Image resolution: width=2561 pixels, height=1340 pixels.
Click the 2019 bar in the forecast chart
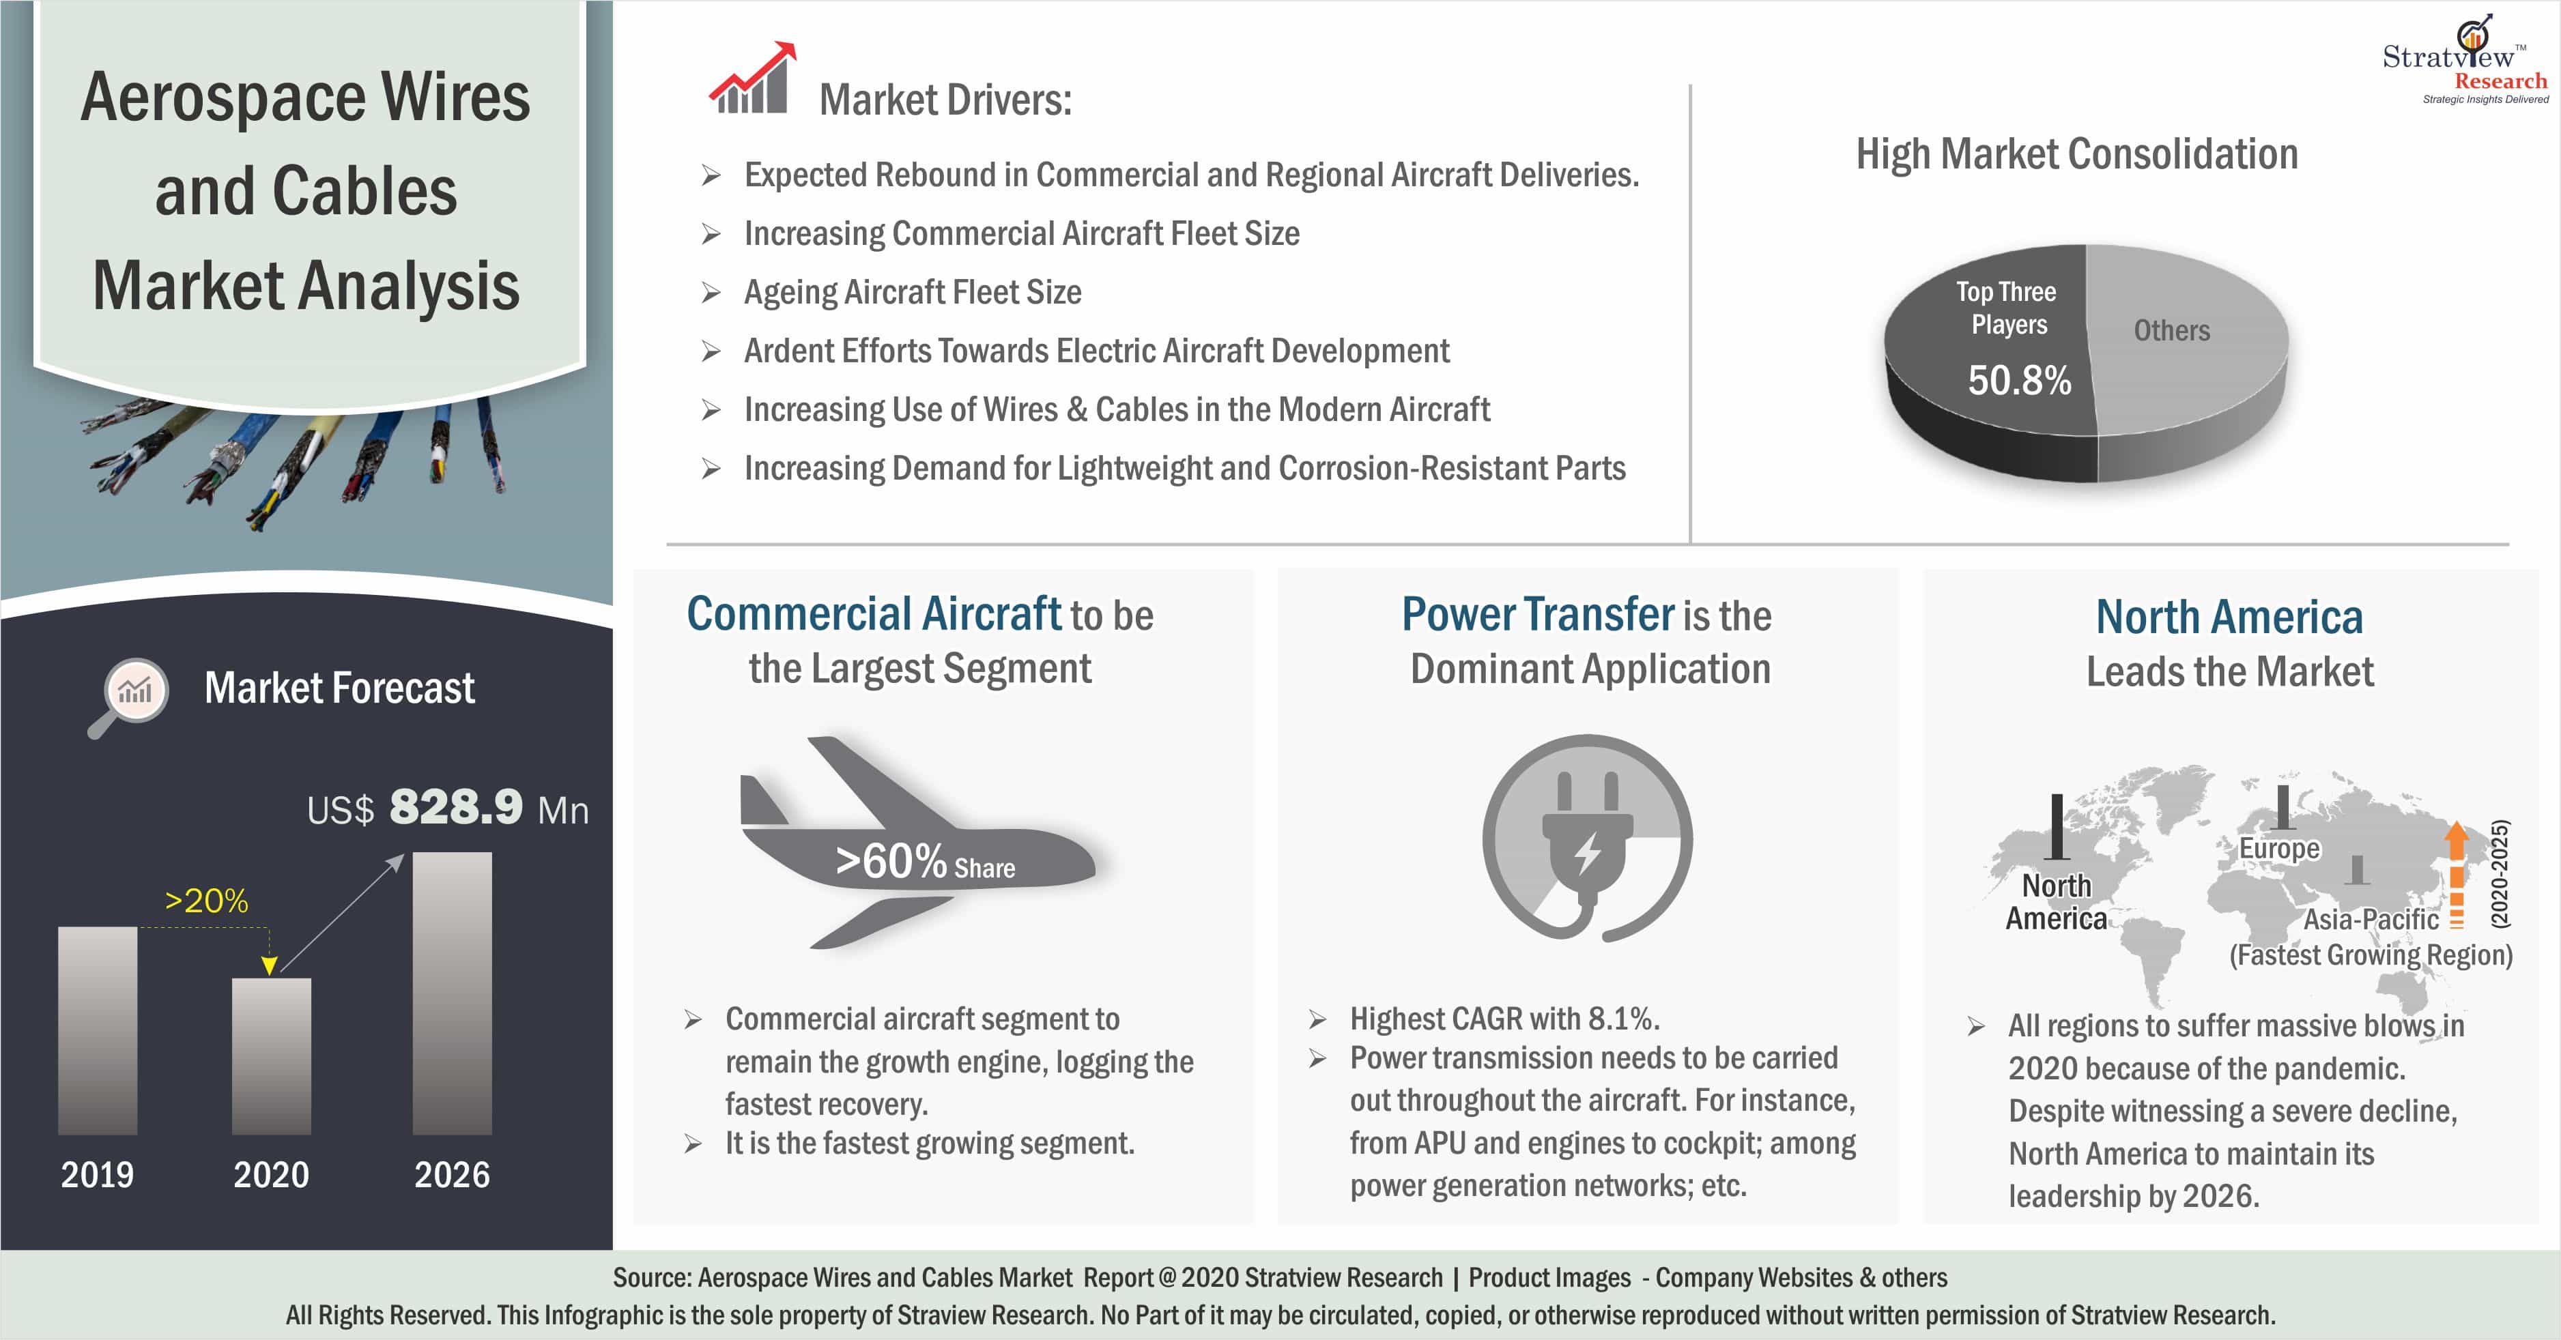pyautogui.click(x=98, y=1031)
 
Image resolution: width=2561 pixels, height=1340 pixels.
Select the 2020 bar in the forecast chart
pyautogui.click(x=272, y=1057)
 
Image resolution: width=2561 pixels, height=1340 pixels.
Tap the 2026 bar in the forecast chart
pyautogui.click(x=453, y=993)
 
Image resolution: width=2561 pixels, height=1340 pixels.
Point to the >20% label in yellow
pyautogui.click(x=206, y=901)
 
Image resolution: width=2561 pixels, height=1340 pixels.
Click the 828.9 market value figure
pyautogui.click(x=455, y=806)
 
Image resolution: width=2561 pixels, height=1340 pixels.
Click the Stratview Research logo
pyautogui.click(x=2465, y=59)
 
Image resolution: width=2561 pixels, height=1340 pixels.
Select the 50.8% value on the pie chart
pyautogui.click(x=2019, y=380)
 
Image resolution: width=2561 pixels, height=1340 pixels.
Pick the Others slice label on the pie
pyautogui.click(x=2171, y=330)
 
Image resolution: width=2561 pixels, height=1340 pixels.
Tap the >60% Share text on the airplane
pyautogui.click(x=925, y=861)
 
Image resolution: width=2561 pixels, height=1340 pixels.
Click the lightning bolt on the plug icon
pyautogui.click(x=1588, y=853)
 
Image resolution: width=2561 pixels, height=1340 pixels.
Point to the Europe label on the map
pyautogui.click(x=2278, y=849)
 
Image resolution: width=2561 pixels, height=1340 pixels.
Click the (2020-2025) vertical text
pyautogui.click(x=2500, y=874)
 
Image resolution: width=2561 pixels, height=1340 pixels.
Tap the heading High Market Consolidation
pyautogui.click(x=2077, y=154)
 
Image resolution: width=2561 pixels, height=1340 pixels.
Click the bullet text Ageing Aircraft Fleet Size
pyautogui.click(x=913, y=292)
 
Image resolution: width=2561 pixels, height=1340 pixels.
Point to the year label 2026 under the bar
pyautogui.click(x=453, y=1175)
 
